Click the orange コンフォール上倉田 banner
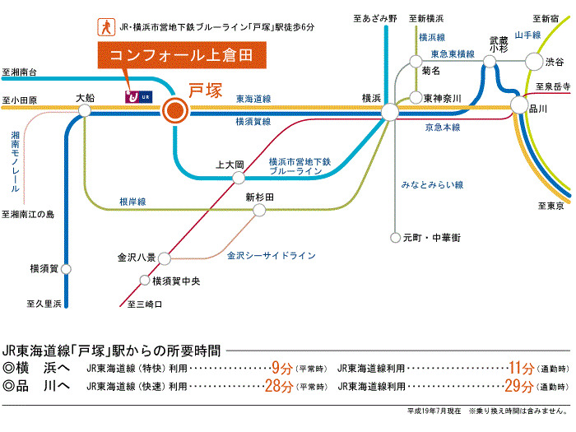[183, 57]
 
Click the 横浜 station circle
[391, 111]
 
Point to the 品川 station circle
[518, 105]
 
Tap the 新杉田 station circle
[259, 211]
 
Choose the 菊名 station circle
[416, 61]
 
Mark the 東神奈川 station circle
[416, 98]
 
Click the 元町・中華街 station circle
[395, 237]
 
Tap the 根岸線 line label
[132, 201]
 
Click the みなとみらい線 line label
[432, 184]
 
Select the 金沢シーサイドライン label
[271, 256]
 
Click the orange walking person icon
[105, 26]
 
